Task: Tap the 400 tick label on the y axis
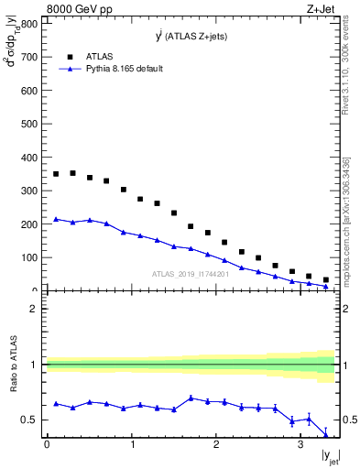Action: point(28,158)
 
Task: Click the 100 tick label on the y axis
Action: point(28,258)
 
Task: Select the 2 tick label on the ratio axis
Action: point(34,309)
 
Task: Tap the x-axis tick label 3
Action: point(300,445)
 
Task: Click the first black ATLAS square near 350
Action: point(56,174)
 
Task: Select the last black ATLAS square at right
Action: point(326,280)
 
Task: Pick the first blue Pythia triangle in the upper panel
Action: point(56,219)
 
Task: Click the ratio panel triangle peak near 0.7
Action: point(191,398)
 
